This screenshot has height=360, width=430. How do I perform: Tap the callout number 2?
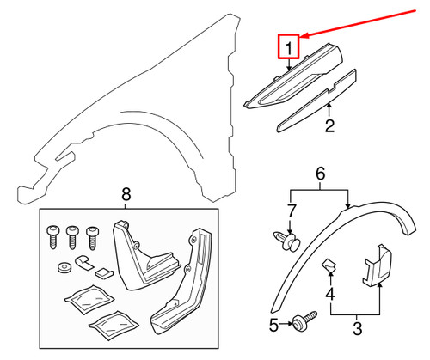tap(329, 129)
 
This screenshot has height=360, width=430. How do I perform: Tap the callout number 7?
tap(291, 211)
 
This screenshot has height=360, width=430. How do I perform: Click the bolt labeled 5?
tap(300, 325)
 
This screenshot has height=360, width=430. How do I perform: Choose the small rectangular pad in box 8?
tap(101, 272)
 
